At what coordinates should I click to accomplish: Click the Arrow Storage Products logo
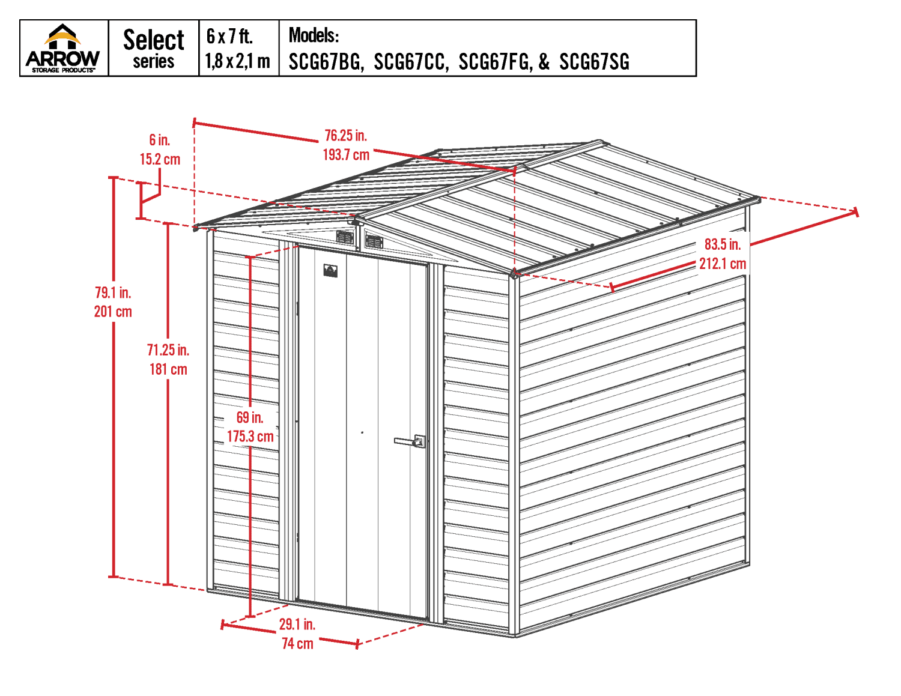click(63, 48)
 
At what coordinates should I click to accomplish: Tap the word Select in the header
click(154, 40)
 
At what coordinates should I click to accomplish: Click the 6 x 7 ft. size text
click(229, 37)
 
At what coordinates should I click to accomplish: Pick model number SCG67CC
click(411, 62)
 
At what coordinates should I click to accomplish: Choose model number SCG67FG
click(495, 62)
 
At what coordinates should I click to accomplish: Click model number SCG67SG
click(594, 62)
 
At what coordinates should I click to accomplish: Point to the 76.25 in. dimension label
click(345, 136)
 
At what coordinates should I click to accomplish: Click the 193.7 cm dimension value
click(346, 155)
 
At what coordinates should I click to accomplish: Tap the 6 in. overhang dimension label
click(160, 140)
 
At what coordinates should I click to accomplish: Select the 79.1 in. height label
click(113, 292)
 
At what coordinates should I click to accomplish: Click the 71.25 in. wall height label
click(168, 350)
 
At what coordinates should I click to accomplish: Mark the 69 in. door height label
click(250, 417)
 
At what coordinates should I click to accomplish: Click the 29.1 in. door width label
click(297, 625)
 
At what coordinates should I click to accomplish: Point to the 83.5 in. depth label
click(723, 244)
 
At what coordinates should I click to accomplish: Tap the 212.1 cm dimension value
click(723, 264)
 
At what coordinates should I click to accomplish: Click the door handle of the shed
click(411, 441)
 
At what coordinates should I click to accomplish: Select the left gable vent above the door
click(345, 237)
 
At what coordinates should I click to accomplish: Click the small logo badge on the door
click(330, 271)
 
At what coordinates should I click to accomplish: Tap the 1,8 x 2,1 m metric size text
click(238, 61)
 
